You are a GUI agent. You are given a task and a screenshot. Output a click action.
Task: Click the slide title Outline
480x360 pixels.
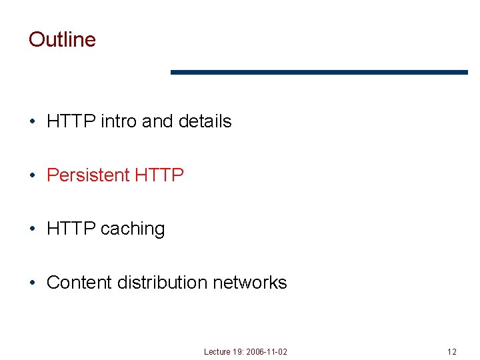(x=62, y=39)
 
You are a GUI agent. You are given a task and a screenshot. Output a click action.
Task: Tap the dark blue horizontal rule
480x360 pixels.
(x=319, y=72)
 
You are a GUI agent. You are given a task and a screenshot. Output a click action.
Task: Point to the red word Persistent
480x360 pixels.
(x=88, y=175)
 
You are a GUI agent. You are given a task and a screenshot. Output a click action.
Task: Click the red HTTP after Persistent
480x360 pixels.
(x=159, y=175)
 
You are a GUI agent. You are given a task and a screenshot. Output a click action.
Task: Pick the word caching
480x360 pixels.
(x=133, y=229)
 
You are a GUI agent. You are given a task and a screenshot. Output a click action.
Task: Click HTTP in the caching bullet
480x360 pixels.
(x=71, y=229)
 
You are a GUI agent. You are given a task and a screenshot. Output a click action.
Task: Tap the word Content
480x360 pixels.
(x=79, y=283)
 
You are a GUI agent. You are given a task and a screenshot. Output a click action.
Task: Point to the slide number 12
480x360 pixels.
(x=452, y=351)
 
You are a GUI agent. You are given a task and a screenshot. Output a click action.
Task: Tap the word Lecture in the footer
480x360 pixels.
(x=217, y=351)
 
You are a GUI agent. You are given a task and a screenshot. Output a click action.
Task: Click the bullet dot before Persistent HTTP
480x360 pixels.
(x=33, y=176)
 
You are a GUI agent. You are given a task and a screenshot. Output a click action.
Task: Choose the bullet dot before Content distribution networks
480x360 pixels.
(x=33, y=283)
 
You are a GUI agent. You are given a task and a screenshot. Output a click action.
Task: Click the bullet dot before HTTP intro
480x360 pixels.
(x=33, y=122)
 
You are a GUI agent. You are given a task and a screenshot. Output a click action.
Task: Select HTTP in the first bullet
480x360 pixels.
(x=71, y=121)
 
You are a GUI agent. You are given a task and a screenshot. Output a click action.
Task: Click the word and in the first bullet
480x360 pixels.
(x=157, y=121)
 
